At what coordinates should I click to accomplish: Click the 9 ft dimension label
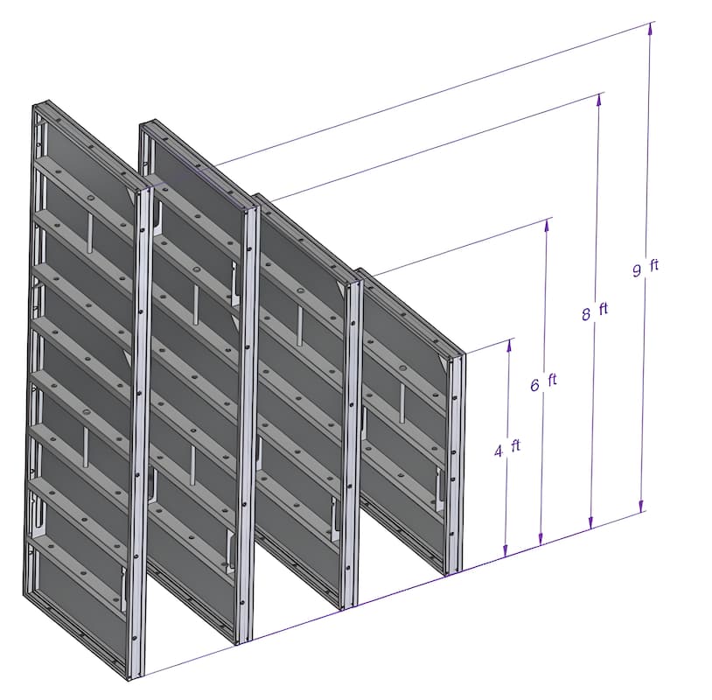pos(646,268)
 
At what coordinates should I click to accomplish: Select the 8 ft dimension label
pos(595,311)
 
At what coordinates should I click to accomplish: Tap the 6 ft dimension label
pos(543,382)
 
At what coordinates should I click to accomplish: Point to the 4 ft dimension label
pos(507,448)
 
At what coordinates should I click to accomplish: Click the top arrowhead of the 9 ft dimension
pos(650,28)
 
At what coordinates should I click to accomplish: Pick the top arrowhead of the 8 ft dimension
pos(599,100)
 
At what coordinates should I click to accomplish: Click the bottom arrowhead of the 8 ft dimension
pos(590,523)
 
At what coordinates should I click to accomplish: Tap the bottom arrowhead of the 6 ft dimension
pos(541,539)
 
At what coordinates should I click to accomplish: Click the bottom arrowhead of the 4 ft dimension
pos(506,551)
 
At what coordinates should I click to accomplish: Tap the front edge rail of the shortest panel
pos(455,464)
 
